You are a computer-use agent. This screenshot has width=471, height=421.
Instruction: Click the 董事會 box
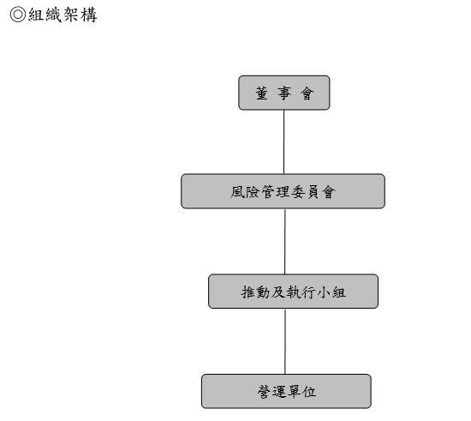[283, 93]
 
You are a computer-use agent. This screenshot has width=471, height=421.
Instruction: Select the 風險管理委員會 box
[283, 191]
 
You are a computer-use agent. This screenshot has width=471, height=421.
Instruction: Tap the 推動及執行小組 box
[293, 291]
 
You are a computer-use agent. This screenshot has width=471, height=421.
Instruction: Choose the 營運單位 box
[286, 391]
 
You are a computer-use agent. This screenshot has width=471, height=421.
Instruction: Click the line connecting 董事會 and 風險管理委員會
[283, 141]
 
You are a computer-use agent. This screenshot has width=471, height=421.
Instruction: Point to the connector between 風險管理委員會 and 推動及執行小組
[285, 241]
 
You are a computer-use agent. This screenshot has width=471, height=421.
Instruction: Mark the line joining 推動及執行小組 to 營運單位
[285, 341]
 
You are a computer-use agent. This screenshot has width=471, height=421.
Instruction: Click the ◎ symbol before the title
[18, 15]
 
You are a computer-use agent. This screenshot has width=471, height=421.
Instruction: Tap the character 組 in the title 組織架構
[36, 15]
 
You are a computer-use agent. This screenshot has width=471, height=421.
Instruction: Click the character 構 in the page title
[89, 15]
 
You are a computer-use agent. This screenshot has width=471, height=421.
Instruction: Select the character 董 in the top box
[262, 93]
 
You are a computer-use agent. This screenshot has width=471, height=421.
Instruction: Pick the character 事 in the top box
[284, 93]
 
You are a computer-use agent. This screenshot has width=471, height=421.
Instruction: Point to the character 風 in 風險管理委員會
[237, 192]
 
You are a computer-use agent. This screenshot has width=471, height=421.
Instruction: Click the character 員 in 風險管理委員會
[313, 192]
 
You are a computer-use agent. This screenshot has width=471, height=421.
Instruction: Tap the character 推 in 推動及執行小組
[248, 292]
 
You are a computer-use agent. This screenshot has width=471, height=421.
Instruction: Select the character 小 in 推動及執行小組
[324, 292]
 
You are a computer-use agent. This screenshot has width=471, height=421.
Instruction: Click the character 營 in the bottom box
[264, 392]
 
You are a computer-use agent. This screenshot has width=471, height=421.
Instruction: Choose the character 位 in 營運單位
[309, 392]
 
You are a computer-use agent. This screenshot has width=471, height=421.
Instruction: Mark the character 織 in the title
[54, 15]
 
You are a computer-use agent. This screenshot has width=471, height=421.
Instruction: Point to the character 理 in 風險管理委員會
[283, 192]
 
